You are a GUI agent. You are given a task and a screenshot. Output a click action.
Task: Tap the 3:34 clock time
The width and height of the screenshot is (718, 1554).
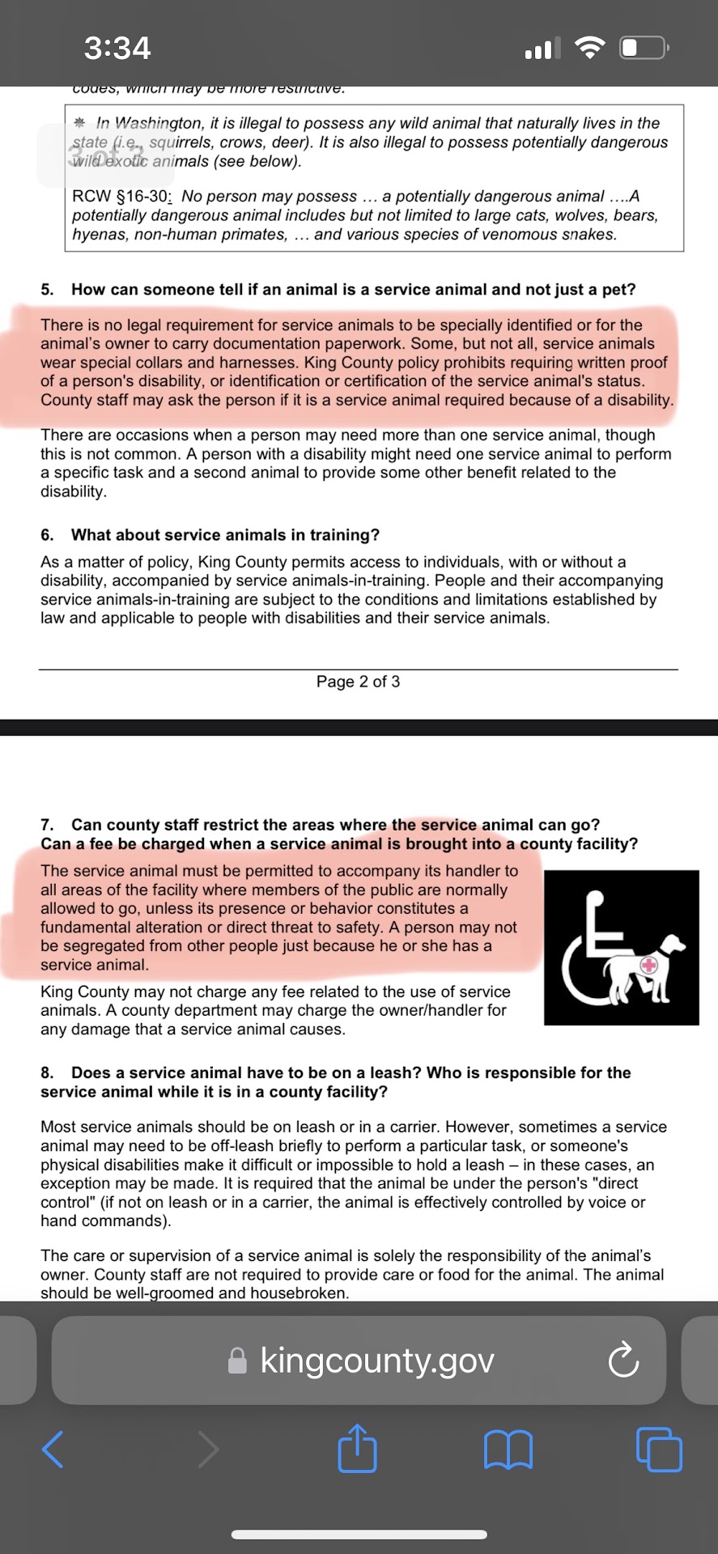[x=117, y=48]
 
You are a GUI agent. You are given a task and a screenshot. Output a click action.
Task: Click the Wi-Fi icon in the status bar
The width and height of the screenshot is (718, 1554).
[x=590, y=49]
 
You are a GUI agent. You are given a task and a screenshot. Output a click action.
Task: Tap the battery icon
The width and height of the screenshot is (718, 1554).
[x=643, y=49]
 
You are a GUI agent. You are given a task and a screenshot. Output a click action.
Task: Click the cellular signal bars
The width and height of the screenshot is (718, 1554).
[x=538, y=49]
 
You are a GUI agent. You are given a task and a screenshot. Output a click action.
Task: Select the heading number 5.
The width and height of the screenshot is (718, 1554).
[x=47, y=290]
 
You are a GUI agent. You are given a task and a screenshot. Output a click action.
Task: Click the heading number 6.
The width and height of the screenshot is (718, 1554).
[x=47, y=535]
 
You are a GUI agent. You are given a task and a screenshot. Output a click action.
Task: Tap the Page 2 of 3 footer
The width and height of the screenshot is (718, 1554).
[x=358, y=681]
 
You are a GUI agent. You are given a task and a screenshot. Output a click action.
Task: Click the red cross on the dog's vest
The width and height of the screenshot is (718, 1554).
[x=649, y=965]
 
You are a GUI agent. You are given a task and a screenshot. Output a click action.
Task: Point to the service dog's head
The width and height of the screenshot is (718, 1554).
[x=670, y=945]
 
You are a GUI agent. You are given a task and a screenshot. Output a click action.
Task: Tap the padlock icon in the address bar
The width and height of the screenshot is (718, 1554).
[x=237, y=1361]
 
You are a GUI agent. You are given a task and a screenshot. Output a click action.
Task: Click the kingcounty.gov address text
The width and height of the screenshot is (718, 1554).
[x=376, y=1361]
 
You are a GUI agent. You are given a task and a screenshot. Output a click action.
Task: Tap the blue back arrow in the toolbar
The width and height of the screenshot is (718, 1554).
[x=53, y=1449]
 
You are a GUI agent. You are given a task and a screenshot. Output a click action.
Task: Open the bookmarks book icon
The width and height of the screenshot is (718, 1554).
[x=508, y=1449]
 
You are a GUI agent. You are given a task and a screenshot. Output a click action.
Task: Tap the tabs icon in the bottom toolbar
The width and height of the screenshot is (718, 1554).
[x=659, y=1449]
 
